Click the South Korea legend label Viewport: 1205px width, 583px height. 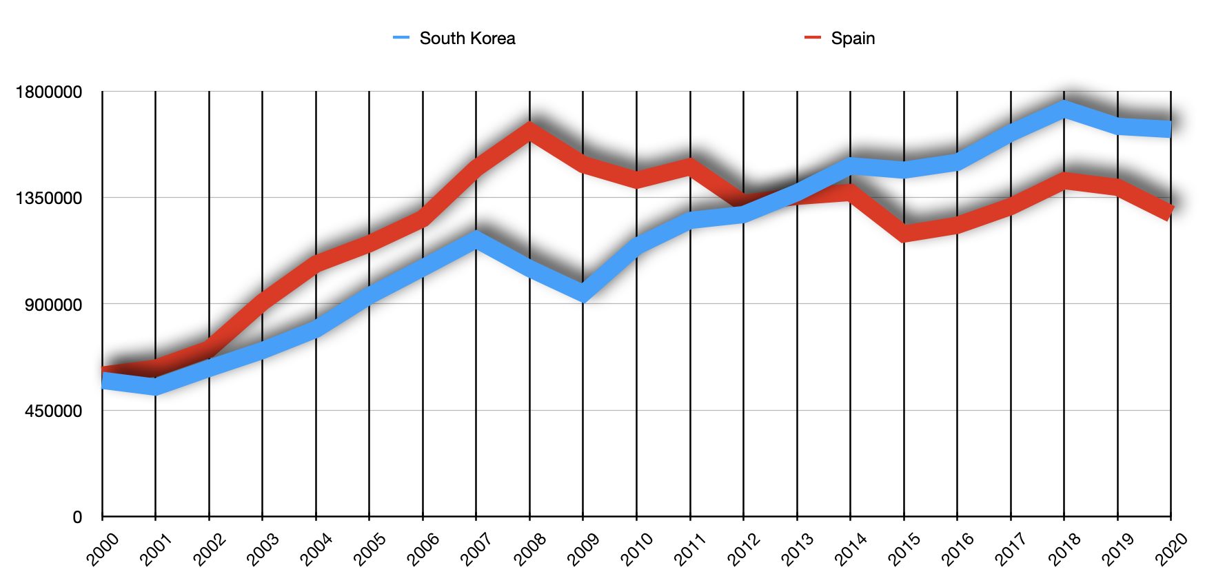coord(467,39)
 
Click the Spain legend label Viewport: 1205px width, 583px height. coord(853,39)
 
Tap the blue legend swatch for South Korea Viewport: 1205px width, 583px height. coord(401,38)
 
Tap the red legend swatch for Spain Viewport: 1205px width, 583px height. coord(813,38)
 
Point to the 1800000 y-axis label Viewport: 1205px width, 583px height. coord(49,92)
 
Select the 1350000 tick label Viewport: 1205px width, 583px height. coord(49,198)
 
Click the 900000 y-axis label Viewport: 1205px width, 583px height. coord(54,305)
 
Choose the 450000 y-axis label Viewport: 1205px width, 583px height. coord(54,411)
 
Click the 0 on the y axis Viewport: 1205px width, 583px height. coord(77,518)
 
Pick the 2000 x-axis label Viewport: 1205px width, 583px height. coord(103,549)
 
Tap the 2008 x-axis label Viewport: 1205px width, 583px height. coord(531,549)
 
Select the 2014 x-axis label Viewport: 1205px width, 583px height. coord(851,549)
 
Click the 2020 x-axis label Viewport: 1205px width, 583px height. coord(1172,549)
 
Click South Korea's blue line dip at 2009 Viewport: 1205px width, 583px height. coord(583,293)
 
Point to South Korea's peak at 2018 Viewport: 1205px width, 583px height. coord(1064,109)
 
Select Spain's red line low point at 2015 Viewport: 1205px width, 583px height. coord(904,233)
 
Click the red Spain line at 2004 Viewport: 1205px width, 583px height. coord(316,264)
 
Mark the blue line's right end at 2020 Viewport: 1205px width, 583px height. coord(1170,129)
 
